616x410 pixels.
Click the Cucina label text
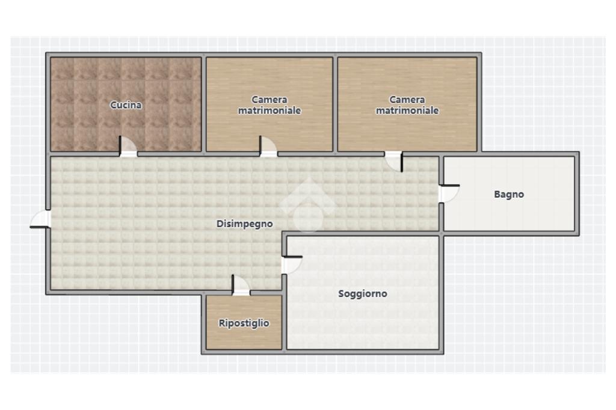click(x=126, y=105)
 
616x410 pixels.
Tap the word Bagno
click(x=509, y=194)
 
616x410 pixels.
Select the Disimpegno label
click(x=245, y=224)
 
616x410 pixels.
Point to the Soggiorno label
click(x=363, y=293)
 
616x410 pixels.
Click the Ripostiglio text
click(x=244, y=323)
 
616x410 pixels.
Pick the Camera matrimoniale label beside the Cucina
click(x=269, y=105)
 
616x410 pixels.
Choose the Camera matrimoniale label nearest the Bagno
click(x=407, y=105)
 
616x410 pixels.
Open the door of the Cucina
click(x=128, y=147)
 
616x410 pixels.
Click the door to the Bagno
click(x=449, y=194)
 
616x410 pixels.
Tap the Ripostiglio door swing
click(x=241, y=285)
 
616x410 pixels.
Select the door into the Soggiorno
click(x=292, y=265)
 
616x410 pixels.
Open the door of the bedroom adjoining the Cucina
click(x=268, y=147)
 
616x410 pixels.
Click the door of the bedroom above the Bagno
click(x=393, y=161)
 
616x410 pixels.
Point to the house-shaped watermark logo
click(x=309, y=205)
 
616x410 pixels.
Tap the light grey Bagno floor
click(x=509, y=212)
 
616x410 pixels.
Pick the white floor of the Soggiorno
click(x=363, y=322)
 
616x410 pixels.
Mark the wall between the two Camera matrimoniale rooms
click(x=335, y=105)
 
